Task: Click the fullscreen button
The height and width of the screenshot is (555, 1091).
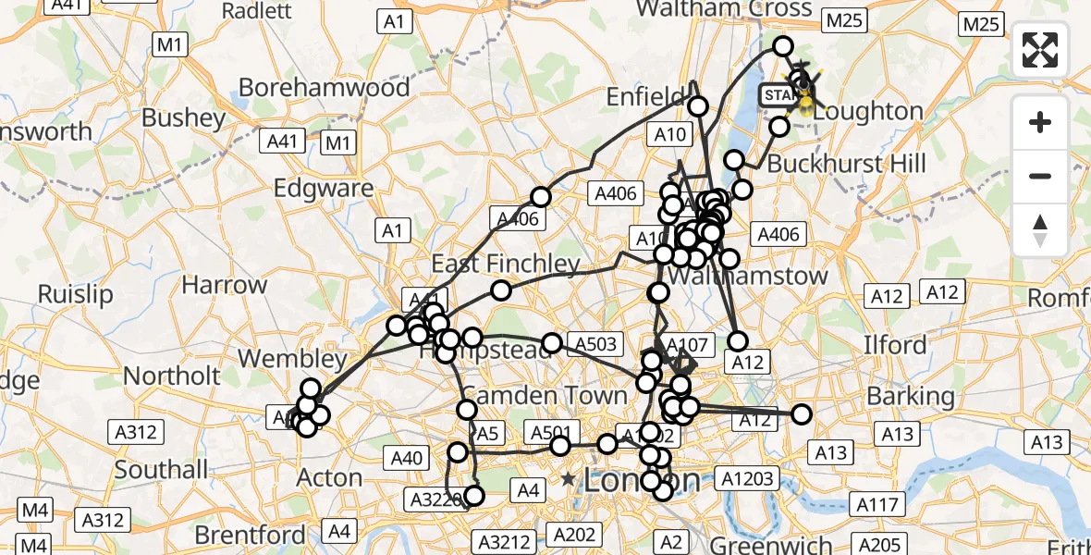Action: click(x=1040, y=49)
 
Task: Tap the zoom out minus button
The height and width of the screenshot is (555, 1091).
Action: click(x=1040, y=176)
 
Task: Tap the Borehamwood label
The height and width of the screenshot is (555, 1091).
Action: click(x=324, y=87)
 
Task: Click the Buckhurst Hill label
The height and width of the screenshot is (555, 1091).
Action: click(x=846, y=164)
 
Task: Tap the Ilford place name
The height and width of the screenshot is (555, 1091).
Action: click(x=895, y=345)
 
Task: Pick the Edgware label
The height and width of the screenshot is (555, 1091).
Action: click(x=324, y=188)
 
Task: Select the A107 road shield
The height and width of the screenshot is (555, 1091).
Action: click(x=686, y=345)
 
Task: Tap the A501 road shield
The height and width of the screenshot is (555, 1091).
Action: click(x=554, y=432)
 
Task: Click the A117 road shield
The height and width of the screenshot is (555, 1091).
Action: click(x=876, y=505)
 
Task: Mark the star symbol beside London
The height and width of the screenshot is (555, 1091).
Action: click(x=567, y=479)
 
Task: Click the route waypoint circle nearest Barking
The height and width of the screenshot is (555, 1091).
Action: click(x=801, y=414)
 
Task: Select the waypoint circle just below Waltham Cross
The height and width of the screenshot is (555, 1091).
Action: click(x=783, y=46)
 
